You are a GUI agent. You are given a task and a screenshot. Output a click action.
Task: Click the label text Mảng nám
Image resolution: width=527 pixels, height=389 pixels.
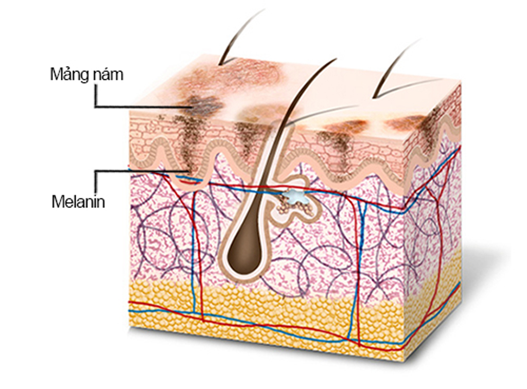(x=86, y=75)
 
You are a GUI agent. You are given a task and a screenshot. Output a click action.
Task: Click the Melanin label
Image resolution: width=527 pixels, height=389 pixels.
(x=78, y=201)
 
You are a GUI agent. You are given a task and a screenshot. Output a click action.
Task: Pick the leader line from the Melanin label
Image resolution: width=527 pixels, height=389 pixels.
(x=139, y=170)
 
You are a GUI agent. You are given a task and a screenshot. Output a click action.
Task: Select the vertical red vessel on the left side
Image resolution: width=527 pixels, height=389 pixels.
(x=200, y=257)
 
